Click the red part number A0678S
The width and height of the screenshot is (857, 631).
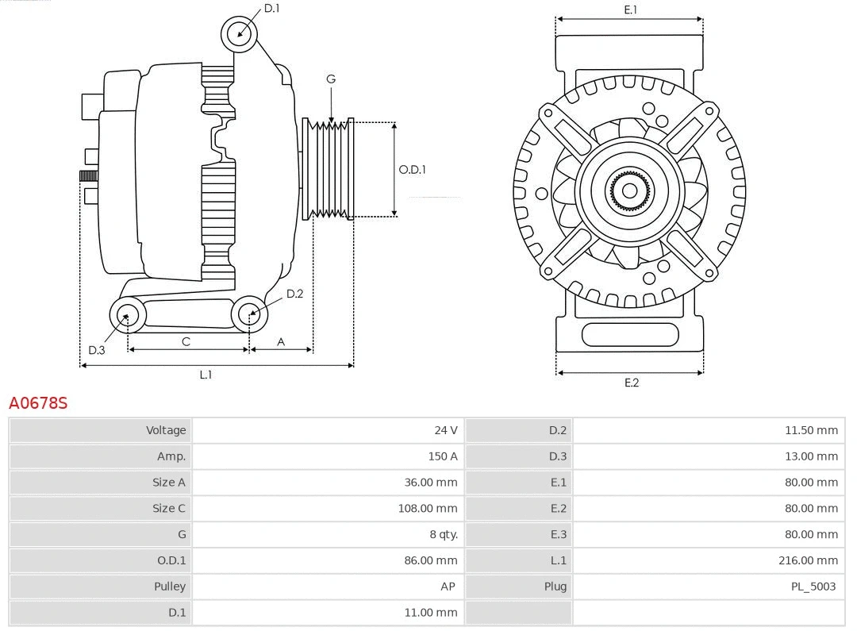pos(38,402)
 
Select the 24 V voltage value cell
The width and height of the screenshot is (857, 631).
pos(445,430)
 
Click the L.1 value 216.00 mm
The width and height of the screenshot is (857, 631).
pos(808,560)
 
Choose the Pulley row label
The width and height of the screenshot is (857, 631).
pos(169,587)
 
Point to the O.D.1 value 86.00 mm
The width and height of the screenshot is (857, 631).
pos(430,560)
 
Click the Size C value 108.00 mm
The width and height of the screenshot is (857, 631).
pos(428,508)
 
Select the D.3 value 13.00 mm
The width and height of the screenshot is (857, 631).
pos(811,456)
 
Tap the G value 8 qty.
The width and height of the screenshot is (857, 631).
pos(443,534)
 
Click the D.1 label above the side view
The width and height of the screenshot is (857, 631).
pos(271,8)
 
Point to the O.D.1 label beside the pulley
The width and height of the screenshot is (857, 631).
pos(412,169)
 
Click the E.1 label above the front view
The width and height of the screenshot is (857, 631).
pos(630,10)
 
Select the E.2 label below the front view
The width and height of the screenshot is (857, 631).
pos(631,383)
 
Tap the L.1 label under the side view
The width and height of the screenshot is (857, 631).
pos(206,375)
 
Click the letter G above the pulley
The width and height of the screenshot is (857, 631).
pos(331,79)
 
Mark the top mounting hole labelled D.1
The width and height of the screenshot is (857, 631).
pos(240,34)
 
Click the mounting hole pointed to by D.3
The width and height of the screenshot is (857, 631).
pos(126,315)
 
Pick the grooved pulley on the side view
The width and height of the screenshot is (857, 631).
pos(329,169)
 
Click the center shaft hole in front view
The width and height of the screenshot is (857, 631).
pos(629,190)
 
